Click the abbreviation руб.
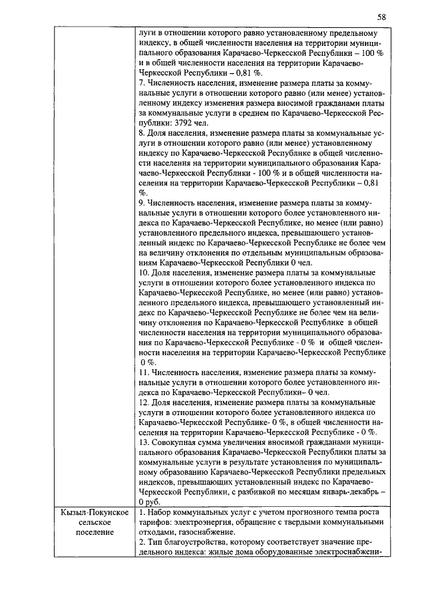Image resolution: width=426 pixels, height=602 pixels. pyautogui.click(x=154, y=501)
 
